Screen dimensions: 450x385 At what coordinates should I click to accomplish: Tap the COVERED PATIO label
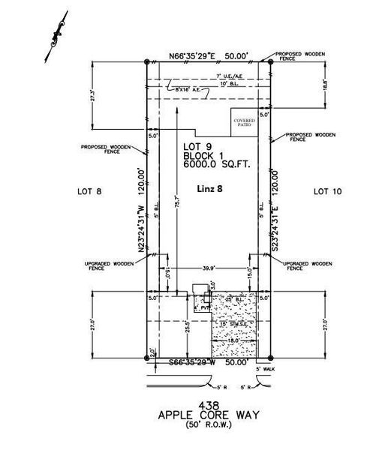tap(244, 122)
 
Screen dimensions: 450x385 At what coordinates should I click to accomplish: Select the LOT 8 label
tap(89, 191)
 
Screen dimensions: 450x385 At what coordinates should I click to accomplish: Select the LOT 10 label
tap(326, 191)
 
